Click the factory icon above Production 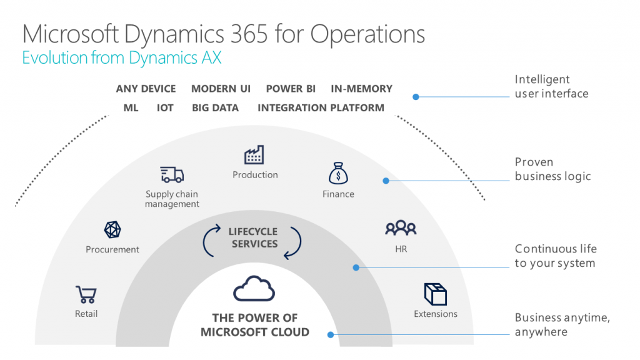pos(254,155)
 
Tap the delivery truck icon pos(172,174)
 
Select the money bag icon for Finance pos(338,173)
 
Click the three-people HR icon pos(401,228)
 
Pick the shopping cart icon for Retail pos(86,294)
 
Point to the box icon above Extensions pos(436,294)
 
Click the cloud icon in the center pos(254,289)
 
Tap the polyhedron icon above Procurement pos(112,230)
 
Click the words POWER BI pos(291,89)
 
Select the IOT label pos(165,107)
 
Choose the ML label pos(131,107)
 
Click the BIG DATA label pos(215,107)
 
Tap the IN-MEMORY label pos(361,89)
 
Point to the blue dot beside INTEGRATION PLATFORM pos(416,97)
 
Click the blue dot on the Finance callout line pos(386,181)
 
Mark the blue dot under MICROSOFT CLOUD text pos(331,335)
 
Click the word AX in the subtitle pos(211,57)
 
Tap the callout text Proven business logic pos(552,169)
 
